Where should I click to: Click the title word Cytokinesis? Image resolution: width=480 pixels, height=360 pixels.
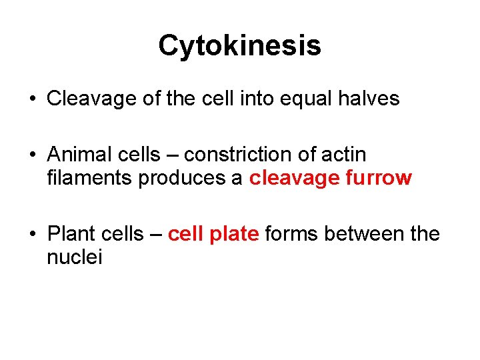[239, 45]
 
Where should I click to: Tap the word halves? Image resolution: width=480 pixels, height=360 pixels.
[368, 99]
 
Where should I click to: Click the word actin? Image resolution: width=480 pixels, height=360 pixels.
[344, 155]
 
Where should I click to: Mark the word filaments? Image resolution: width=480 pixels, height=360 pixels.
[90, 179]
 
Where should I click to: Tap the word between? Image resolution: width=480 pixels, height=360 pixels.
[364, 234]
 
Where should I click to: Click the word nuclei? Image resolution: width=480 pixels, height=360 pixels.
[75, 257]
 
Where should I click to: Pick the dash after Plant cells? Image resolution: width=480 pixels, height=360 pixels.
[156, 235]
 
